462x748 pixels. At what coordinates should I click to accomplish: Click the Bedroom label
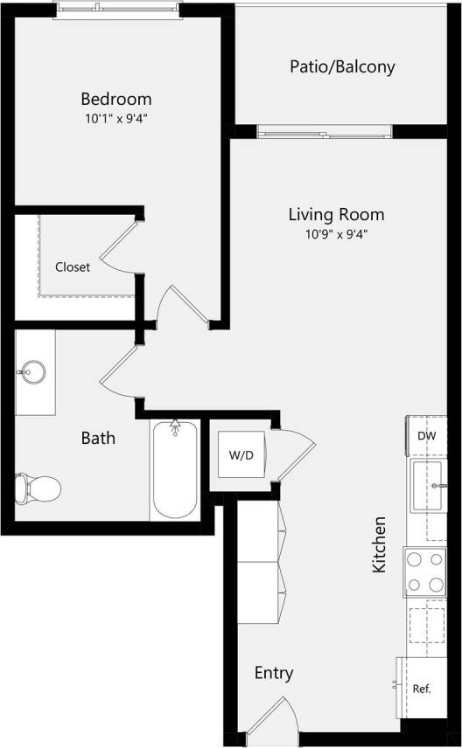coord(116,99)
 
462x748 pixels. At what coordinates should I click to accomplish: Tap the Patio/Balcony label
coord(342,66)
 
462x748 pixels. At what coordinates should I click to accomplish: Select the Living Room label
coord(336,214)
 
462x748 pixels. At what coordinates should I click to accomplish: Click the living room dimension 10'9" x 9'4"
coord(336,233)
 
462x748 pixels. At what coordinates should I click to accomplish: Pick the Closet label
coord(72,267)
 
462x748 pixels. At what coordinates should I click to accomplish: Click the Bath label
coord(98,438)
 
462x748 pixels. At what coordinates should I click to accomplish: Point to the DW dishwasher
coord(426,436)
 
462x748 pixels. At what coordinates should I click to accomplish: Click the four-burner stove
coord(425,572)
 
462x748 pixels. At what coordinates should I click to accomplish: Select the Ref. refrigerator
coord(421,689)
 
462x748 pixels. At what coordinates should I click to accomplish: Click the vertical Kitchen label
coord(379,544)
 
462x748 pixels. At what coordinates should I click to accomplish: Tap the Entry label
coord(274,673)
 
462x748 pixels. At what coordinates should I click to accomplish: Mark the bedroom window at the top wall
coord(117,10)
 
